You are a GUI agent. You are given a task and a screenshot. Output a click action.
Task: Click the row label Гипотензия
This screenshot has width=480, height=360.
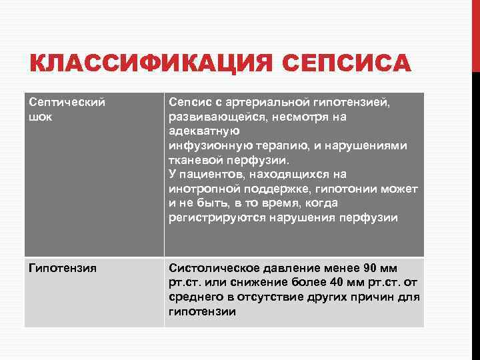[x=63, y=268]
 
